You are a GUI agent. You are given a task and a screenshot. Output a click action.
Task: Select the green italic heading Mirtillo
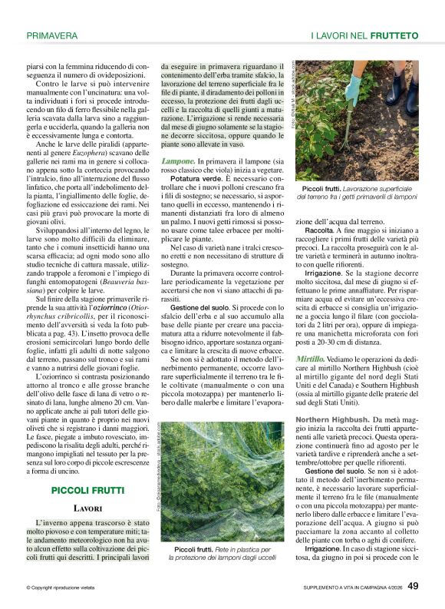[310, 359]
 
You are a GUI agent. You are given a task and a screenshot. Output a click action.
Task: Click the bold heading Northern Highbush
[331, 419]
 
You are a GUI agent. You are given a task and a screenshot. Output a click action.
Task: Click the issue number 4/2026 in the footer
[389, 589]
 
